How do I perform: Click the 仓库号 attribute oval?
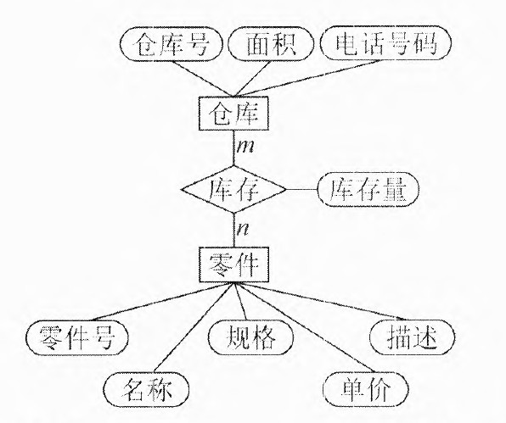tap(171, 44)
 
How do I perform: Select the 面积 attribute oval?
tap(271, 44)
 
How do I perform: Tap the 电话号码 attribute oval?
tap(385, 43)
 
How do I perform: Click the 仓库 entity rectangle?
tap(233, 114)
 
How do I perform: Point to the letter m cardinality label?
tap(245, 147)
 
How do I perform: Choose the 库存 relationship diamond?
tap(233, 189)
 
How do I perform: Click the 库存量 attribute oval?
tap(368, 189)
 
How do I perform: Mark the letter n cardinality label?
tap(243, 229)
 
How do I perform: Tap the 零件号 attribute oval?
tap(76, 337)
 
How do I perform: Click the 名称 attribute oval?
tap(147, 389)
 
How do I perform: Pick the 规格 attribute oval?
tap(250, 337)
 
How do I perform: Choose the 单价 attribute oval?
tap(366, 389)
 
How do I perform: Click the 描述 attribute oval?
tap(412, 337)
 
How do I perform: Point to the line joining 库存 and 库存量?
tap(301, 189)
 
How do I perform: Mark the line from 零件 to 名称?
tap(193, 327)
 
